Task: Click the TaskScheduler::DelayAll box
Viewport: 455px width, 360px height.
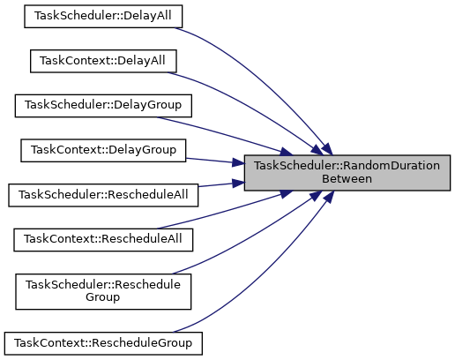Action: pos(103,17)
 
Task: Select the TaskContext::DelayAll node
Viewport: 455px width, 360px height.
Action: pos(103,61)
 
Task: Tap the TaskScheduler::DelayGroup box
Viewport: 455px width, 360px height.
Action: pos(103,106)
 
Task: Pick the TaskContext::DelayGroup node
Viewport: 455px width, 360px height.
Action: pos(103,151)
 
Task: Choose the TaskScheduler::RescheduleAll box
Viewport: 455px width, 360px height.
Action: pos(103,195)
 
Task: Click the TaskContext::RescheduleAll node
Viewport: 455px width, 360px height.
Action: pos(103,240)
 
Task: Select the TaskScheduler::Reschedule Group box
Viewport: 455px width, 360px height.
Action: pos(103,292)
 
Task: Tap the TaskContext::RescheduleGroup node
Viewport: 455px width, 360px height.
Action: pos(103,343)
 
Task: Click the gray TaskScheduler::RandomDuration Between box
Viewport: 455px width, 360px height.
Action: pos(347,173)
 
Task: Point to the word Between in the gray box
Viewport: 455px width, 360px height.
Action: pos(347,179)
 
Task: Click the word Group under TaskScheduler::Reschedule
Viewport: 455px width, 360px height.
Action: pos(102,297)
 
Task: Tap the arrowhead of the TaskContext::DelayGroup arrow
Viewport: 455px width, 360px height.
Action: pos(238,162)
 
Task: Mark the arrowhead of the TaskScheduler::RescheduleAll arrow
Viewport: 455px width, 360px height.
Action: pos(238,184)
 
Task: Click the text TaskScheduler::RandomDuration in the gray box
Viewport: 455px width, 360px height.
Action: pos(347,166)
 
